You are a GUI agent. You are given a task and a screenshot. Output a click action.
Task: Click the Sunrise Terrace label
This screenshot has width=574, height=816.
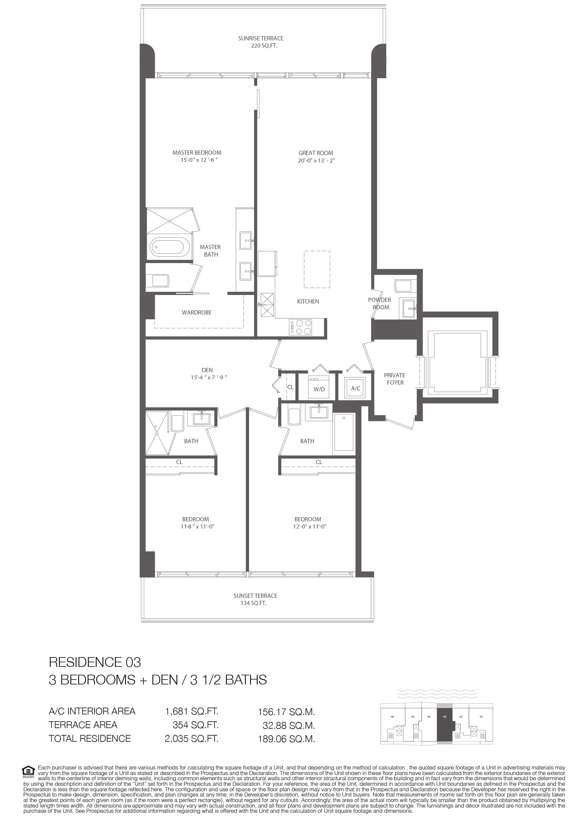(260, 38)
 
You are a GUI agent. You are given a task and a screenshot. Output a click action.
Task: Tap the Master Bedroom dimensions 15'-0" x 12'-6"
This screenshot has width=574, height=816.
(199, 160)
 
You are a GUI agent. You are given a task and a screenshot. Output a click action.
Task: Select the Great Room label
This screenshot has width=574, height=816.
(315, 153)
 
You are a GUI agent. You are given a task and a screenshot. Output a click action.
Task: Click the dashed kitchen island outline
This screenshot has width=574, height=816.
(317, 269)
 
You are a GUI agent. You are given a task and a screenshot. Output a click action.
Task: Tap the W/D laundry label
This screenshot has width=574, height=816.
(319, 389)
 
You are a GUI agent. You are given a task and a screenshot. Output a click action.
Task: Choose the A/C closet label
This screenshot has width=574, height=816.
(356, 388)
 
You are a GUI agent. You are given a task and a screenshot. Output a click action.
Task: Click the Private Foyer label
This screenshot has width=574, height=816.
(395, 379)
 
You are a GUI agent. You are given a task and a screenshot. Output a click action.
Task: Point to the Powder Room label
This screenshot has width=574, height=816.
(380, 303)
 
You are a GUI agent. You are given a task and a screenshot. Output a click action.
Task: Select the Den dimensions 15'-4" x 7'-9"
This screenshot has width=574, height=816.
(208, 377)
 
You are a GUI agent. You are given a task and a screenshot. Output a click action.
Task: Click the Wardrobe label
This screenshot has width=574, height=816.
(197, 312)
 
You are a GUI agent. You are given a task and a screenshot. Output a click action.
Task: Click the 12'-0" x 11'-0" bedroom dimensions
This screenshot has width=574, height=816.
(307, 526)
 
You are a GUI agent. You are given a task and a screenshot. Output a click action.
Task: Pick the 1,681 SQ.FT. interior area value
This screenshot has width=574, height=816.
(191, 711)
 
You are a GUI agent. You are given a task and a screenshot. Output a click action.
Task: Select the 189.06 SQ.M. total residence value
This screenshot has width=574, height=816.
(287, 739)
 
